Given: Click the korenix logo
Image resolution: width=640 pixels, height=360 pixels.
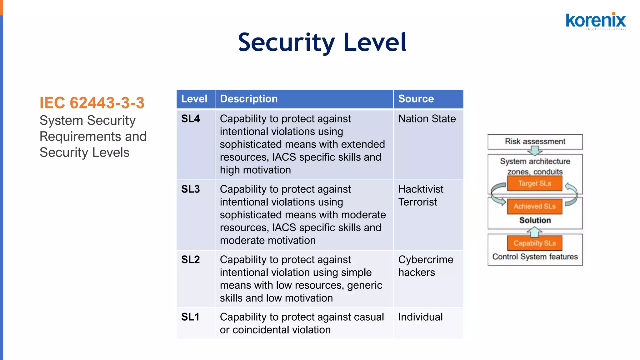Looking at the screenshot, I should (x=596, y=21).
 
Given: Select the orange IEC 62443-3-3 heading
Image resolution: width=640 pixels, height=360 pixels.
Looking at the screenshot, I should (x=92, y=103).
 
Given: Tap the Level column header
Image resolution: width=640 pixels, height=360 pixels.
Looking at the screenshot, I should (x=194, y=99).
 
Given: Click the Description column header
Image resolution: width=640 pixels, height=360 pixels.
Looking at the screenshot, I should (x=249, y=99).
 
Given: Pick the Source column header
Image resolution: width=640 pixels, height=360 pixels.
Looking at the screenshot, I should (x=416, y=99).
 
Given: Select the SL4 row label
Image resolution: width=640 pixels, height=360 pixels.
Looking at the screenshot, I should (x=190, y=119).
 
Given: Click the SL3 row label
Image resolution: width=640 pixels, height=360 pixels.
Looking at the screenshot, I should (x=190, y=189).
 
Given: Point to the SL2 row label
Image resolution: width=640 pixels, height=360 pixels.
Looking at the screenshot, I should (x=190, y=260).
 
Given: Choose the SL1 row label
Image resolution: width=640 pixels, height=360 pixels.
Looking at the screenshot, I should (x=190, y=317).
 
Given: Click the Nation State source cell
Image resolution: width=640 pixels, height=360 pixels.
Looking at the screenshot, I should (x=427, y=119).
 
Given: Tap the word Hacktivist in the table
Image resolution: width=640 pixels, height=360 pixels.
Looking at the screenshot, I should (x=421, y=189).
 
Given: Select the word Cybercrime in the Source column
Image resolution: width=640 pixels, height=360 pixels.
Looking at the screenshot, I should (x=426, y=260).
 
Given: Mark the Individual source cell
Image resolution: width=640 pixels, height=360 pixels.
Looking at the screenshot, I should (x=420, y=317).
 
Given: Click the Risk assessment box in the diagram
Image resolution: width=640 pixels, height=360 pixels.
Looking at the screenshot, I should (x=535, y=142).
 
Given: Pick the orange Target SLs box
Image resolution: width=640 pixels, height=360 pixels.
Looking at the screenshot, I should (x=534, y=183).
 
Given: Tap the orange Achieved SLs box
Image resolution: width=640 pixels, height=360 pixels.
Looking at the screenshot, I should (x=534, y=207).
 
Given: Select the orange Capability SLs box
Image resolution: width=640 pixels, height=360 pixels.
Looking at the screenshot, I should (x=534, y=243).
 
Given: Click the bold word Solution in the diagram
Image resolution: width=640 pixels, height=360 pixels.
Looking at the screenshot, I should (x=535, y=220).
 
